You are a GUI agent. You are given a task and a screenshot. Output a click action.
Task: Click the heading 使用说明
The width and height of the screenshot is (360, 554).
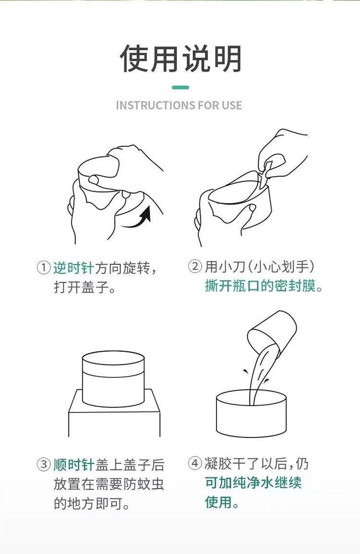point(180,58)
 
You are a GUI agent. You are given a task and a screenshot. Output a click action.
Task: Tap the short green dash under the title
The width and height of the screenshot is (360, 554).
point(180,87)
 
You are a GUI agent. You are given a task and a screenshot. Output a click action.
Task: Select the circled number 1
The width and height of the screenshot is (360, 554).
point(44,267)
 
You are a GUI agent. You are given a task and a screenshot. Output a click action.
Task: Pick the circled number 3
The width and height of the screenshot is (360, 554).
point(44,464)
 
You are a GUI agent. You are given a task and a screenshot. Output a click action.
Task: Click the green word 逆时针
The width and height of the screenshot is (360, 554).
point(73,268)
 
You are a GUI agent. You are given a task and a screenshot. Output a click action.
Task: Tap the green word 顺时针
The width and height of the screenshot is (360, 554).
point(73,464)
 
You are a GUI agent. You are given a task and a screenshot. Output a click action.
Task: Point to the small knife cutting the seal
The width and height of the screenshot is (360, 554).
point(264,174)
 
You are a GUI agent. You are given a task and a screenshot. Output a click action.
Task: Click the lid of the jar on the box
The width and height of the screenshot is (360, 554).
point(113,364)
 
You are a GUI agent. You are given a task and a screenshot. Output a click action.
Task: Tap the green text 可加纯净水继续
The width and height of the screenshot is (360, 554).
point(253,482)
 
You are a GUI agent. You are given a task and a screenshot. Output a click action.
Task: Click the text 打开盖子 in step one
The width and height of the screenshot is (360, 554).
point(81,287)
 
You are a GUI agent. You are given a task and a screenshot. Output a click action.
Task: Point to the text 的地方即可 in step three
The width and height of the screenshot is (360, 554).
point(88,503)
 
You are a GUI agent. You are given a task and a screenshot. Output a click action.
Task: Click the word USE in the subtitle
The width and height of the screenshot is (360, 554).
point(232,105)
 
